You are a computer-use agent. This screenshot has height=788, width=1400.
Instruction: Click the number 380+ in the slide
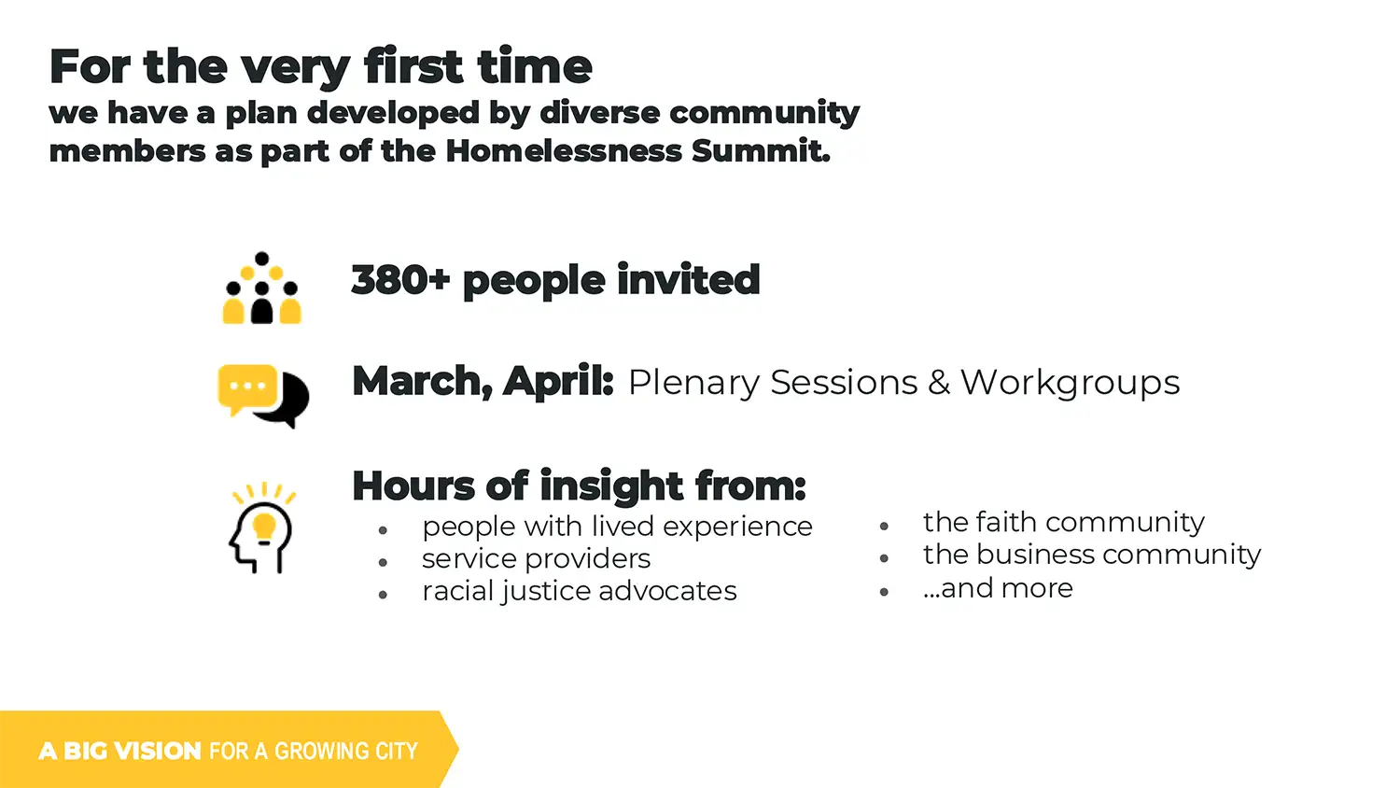[400, 279]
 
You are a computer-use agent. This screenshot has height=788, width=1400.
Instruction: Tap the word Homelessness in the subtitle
[563, 150]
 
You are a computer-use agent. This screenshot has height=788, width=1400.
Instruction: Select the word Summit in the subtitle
[761, 150]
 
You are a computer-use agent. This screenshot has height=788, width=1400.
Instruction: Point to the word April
[557, 382]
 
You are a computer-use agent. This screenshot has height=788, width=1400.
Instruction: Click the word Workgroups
[1070, 383]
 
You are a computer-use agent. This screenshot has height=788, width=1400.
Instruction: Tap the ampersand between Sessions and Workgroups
[939, 383]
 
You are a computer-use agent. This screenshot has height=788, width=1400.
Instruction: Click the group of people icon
[262, 288]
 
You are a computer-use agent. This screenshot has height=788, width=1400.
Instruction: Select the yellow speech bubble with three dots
[247, 387]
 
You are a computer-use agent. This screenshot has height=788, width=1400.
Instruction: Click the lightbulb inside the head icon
[264, 527]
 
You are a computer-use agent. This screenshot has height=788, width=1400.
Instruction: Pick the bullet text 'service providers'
[536, 558]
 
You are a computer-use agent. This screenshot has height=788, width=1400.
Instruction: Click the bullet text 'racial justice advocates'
[580, 591]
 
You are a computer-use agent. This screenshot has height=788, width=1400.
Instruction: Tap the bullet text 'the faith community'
[1064, 522]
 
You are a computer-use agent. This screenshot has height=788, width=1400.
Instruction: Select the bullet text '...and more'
[998, 588]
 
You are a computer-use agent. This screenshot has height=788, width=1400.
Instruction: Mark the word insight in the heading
[612, 485]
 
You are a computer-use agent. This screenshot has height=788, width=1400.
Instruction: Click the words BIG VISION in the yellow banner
[133, 751]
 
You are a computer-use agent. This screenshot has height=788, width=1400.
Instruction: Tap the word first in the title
[413, 65]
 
